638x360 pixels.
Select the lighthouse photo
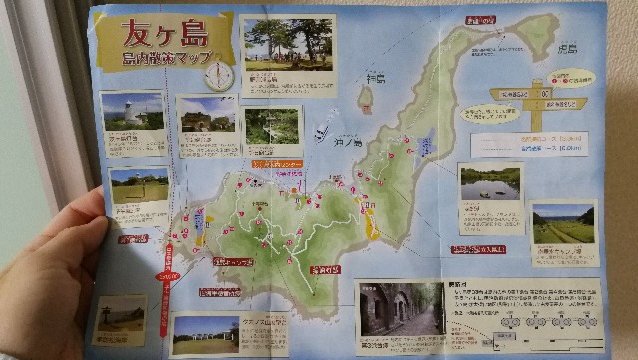(x=132, y=112)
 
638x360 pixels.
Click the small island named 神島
(x=366, y=98)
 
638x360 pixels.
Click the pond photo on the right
(x=489, y=183)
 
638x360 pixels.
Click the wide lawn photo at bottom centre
(x=205, y=334)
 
